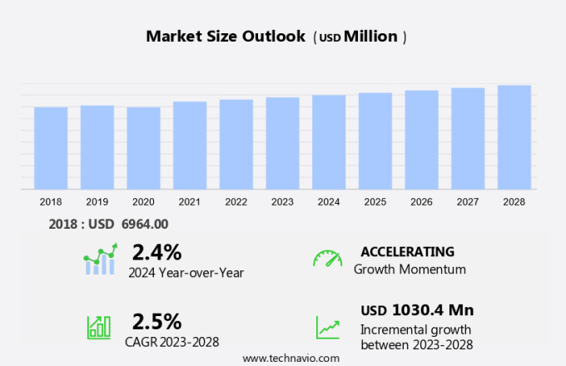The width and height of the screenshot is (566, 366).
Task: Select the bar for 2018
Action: click(x=51, y=148)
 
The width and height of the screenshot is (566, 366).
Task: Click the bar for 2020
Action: click(x=143, y=148)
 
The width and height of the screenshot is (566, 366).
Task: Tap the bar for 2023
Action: click(x=283, y=143)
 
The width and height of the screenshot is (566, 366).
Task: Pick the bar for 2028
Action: click(x=514, y=137)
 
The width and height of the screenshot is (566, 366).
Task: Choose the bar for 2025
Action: click(x=375, y=141)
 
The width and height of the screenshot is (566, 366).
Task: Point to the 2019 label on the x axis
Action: click(x=97, y=202)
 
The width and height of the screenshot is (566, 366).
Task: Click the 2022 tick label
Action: click(x=236, y=202)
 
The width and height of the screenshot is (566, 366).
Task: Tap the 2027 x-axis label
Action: click(x=468, y=202)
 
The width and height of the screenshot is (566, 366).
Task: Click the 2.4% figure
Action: click(x=156, y=252)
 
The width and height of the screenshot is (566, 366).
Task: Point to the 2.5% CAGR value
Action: click(x=156, y=321)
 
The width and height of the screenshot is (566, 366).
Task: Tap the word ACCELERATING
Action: click(x=408, y=252)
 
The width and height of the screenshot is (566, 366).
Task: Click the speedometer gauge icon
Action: click(x=327, y=259)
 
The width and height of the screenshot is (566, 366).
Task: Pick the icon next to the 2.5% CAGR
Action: click(x=99, y=326)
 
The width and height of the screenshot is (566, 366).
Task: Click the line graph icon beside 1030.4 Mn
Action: click(x=327, y=326)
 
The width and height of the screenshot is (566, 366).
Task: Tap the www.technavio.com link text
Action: click(x=291, y=358)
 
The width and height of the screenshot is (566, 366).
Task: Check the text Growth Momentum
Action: click(x=410, y=270)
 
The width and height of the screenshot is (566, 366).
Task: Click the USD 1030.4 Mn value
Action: click(x=417, y=310)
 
